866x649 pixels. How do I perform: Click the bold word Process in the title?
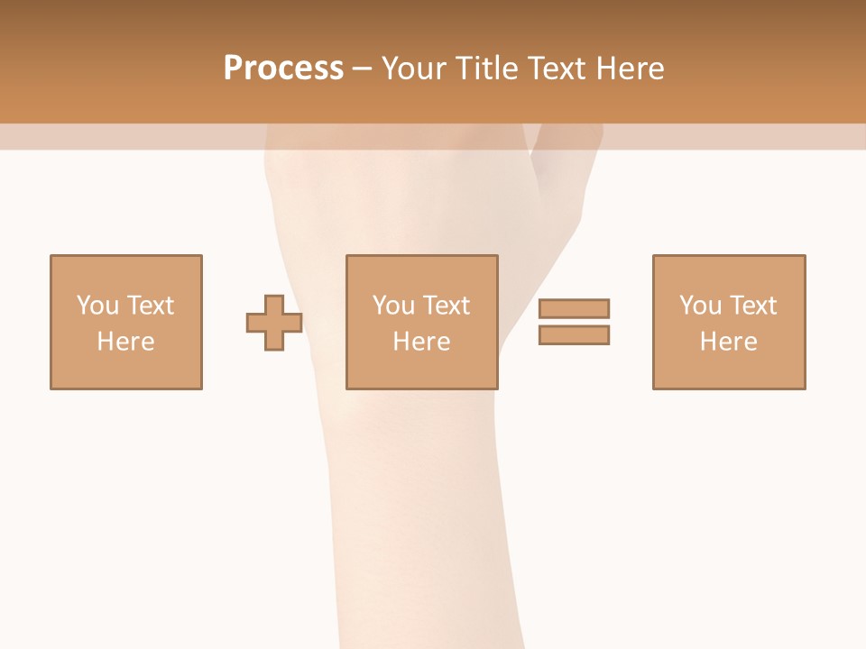[283, 69]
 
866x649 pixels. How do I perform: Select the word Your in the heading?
[416, 69]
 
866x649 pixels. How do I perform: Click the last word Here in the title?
[634, 69]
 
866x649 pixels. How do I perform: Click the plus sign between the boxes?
[274, 323]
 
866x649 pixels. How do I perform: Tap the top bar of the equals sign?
[574, 308]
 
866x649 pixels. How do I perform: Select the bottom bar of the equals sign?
[574, 334]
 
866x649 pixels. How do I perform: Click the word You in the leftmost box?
[96, 306]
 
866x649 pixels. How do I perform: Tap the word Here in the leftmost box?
[125, 342]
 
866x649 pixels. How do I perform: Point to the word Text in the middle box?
[446, 306]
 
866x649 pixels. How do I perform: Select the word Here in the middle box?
[421, 342]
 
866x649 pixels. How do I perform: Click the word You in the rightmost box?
[698, 306]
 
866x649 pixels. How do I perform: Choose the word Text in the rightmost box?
[752, 306]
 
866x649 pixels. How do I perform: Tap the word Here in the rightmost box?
[728, 342]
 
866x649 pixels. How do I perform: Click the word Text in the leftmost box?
[150, 306]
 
